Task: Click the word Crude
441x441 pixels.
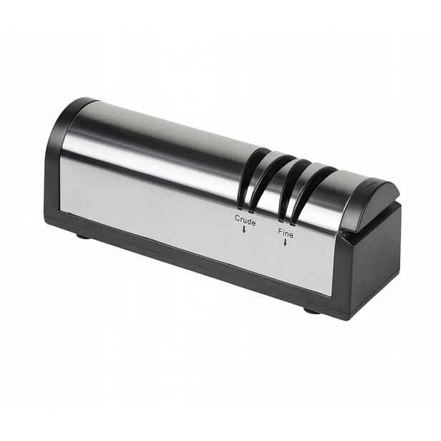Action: point(246,220)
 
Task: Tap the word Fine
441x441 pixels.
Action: point(286,233)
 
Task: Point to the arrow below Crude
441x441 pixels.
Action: point(244,230)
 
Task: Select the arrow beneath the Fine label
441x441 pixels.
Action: point(285,242)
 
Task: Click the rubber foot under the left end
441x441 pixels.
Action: point(84,236)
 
